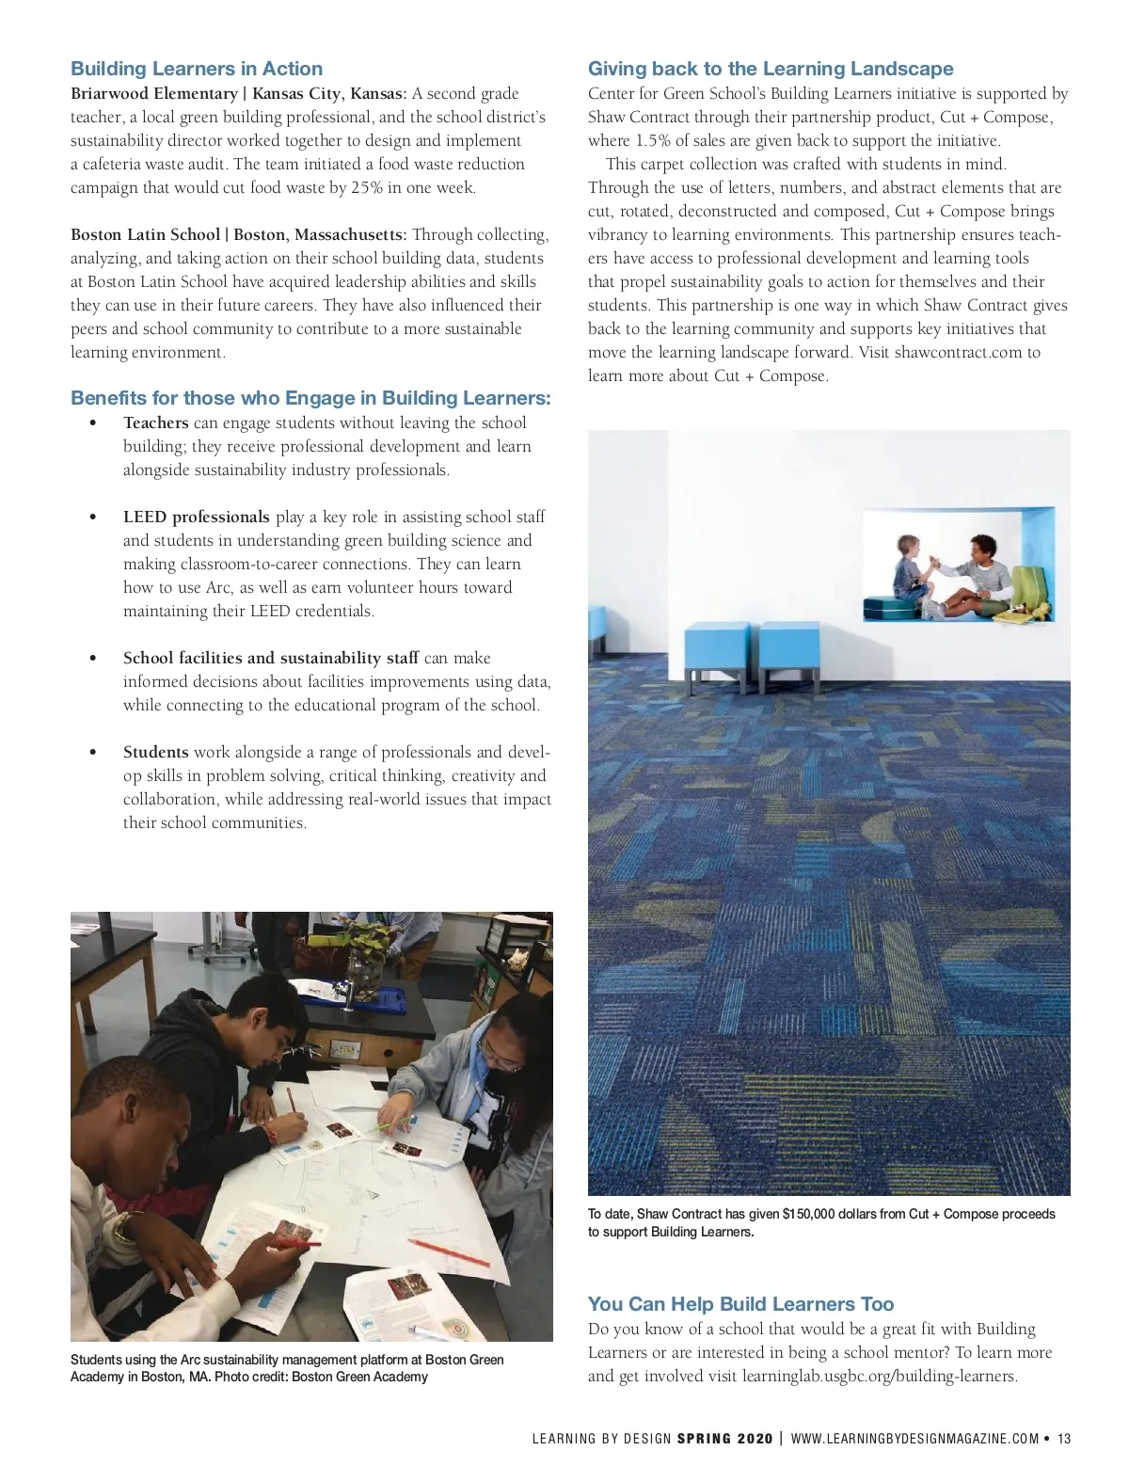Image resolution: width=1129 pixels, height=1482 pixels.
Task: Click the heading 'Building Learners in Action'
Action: tap(197, 69)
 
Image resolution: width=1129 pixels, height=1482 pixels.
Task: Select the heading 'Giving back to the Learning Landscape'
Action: tap(771, 69)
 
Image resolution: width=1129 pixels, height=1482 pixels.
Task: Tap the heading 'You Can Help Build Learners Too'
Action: tap(740, 1304)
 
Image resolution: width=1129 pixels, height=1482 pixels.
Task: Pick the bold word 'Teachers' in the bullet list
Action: tap(155, 422)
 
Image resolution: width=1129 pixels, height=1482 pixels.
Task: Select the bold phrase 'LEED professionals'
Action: tap(196, 517)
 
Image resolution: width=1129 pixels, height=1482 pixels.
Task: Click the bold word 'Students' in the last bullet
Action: tap(155, 752)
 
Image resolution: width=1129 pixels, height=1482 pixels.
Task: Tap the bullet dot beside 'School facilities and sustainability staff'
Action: tap(92, 659)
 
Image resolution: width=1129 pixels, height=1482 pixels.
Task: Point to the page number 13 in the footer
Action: tap(1064, 1439)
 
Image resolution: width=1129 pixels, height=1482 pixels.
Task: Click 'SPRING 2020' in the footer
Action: tap(724, 1439)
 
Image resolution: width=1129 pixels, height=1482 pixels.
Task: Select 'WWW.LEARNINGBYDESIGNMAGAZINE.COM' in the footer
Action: tap(914, 1439)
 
